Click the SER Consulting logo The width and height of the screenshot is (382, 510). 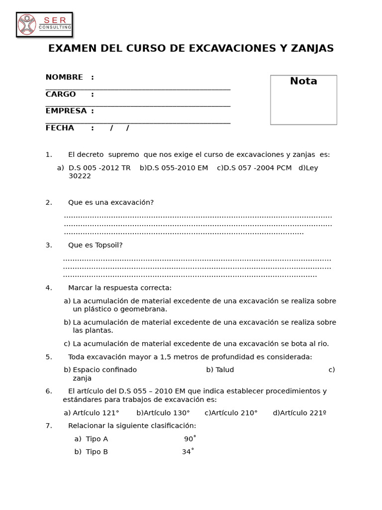pos(44,24)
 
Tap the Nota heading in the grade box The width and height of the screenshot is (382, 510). pos(303,81)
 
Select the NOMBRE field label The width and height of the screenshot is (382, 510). pos(64,77)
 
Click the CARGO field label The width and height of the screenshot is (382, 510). pos(61,94)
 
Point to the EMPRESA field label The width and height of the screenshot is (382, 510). pos(66,111)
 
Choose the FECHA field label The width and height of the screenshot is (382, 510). pos(60,128)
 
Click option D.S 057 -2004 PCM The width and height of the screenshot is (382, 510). pos(258,168)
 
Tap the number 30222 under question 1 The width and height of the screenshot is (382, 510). pos(80,176)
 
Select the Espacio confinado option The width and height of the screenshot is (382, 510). pos(104,370)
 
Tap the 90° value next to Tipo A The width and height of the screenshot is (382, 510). pos(190,439)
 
